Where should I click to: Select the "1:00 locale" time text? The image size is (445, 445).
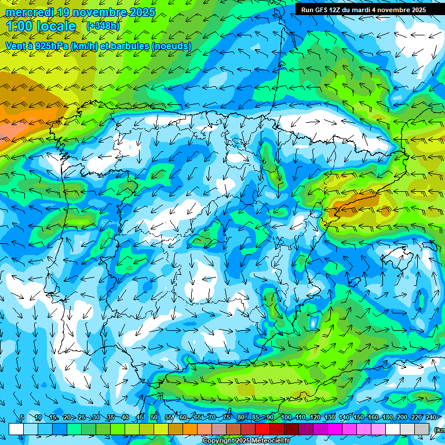41,26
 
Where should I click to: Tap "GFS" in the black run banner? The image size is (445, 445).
319,10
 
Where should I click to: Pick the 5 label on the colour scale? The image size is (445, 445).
22,417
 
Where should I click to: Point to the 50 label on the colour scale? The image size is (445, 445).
154,417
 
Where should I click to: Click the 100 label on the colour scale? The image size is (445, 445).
286,417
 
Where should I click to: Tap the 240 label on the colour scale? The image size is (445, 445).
431,417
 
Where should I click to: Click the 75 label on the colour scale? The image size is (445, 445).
227,417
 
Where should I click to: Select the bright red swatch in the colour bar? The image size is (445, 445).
263,429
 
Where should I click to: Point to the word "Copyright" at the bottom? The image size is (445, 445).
218,441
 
